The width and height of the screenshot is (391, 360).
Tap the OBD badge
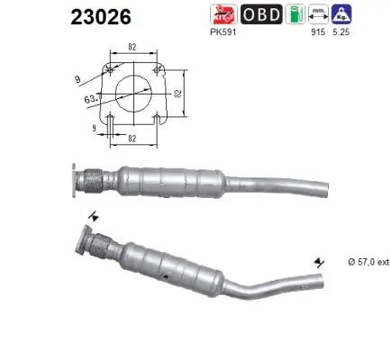click(260, 14)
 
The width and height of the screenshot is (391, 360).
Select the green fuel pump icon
click(293, 14)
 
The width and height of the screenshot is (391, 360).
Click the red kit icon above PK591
click(221, 14)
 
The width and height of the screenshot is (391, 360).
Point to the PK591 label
click(221, 32)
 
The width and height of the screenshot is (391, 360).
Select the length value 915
click(316, 32)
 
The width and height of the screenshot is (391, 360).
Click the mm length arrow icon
click(317, 14)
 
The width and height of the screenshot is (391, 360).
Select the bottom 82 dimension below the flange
click(132, 139)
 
